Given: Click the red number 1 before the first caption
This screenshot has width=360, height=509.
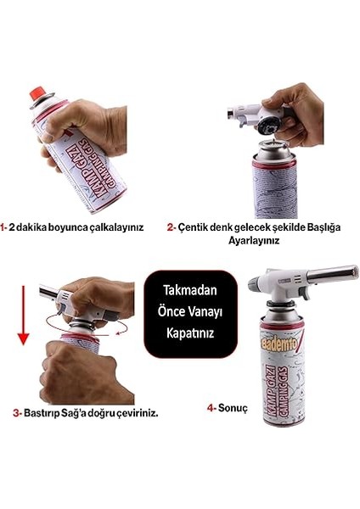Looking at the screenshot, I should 4,227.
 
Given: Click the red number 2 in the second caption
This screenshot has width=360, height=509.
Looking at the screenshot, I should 171,227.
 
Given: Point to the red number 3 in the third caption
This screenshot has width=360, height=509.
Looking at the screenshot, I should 16,413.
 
